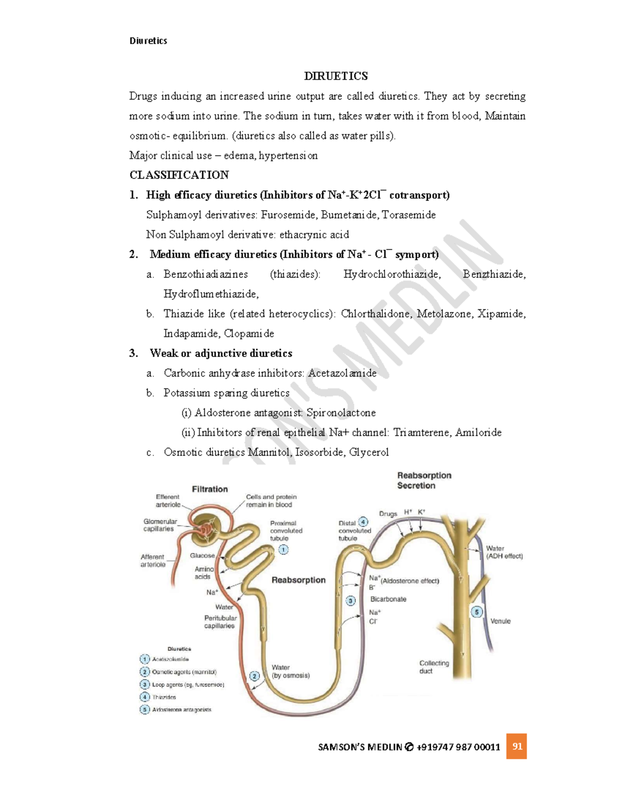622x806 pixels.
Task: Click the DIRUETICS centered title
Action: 336,76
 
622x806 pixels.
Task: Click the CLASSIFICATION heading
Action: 179,175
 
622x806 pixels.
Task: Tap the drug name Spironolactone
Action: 341,413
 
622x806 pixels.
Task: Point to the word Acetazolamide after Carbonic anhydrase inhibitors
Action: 342,373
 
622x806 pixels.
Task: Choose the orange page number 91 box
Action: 517,746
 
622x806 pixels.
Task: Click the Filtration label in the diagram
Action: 210,489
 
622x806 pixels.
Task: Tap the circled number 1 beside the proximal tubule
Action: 284,550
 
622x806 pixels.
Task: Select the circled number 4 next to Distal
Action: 364,522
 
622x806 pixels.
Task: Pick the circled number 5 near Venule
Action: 477,612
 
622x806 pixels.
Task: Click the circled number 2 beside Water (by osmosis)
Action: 255,676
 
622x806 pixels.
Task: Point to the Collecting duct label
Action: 434,667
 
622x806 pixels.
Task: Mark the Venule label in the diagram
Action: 500,621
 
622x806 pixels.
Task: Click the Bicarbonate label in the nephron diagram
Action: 388,599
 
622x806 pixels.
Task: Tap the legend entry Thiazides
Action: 164,697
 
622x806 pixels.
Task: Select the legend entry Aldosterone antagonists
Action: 182,709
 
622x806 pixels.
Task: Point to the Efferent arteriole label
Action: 167,501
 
